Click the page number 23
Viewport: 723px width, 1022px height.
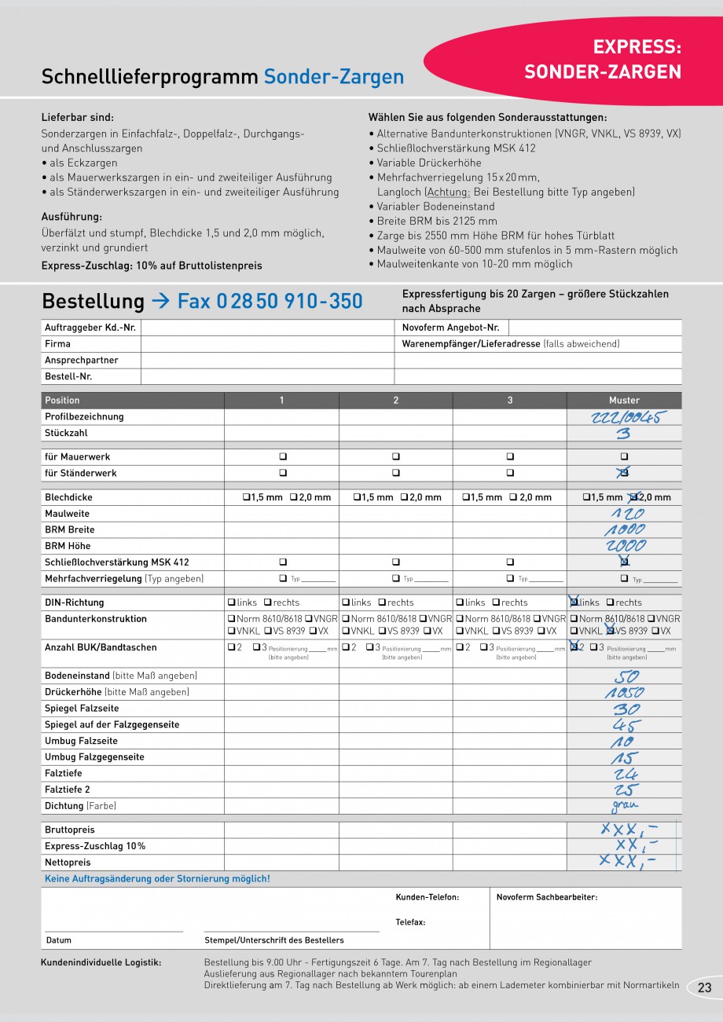(703, 988)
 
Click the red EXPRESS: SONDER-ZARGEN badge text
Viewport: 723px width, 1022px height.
(603, 60)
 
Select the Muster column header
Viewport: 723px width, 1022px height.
(624, 401)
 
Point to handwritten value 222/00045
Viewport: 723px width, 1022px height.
(624, 417)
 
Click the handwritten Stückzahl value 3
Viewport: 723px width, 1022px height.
(623, 434)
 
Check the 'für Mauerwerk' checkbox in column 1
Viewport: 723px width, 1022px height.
(283, 457)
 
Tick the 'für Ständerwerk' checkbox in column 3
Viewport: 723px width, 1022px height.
(510, 474)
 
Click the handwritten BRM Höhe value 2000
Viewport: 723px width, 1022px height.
(626, 546)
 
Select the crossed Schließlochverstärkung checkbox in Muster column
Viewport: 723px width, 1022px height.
(624, 562)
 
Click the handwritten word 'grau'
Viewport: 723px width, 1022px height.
(625, 805)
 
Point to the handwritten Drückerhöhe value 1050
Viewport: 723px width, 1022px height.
(625, 693)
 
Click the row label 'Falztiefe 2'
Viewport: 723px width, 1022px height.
(68, 790)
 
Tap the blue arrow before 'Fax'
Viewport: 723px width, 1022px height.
(160, 302)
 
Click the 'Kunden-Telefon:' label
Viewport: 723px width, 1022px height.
(427, 897)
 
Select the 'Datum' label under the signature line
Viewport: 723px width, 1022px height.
(59, 940)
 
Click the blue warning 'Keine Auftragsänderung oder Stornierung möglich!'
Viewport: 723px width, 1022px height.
(157, 879)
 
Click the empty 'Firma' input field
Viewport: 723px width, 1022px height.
(267, 344)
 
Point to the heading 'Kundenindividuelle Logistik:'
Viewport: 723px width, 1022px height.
(101, 962)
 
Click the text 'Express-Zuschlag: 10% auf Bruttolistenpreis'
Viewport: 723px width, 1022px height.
(152, 266)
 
